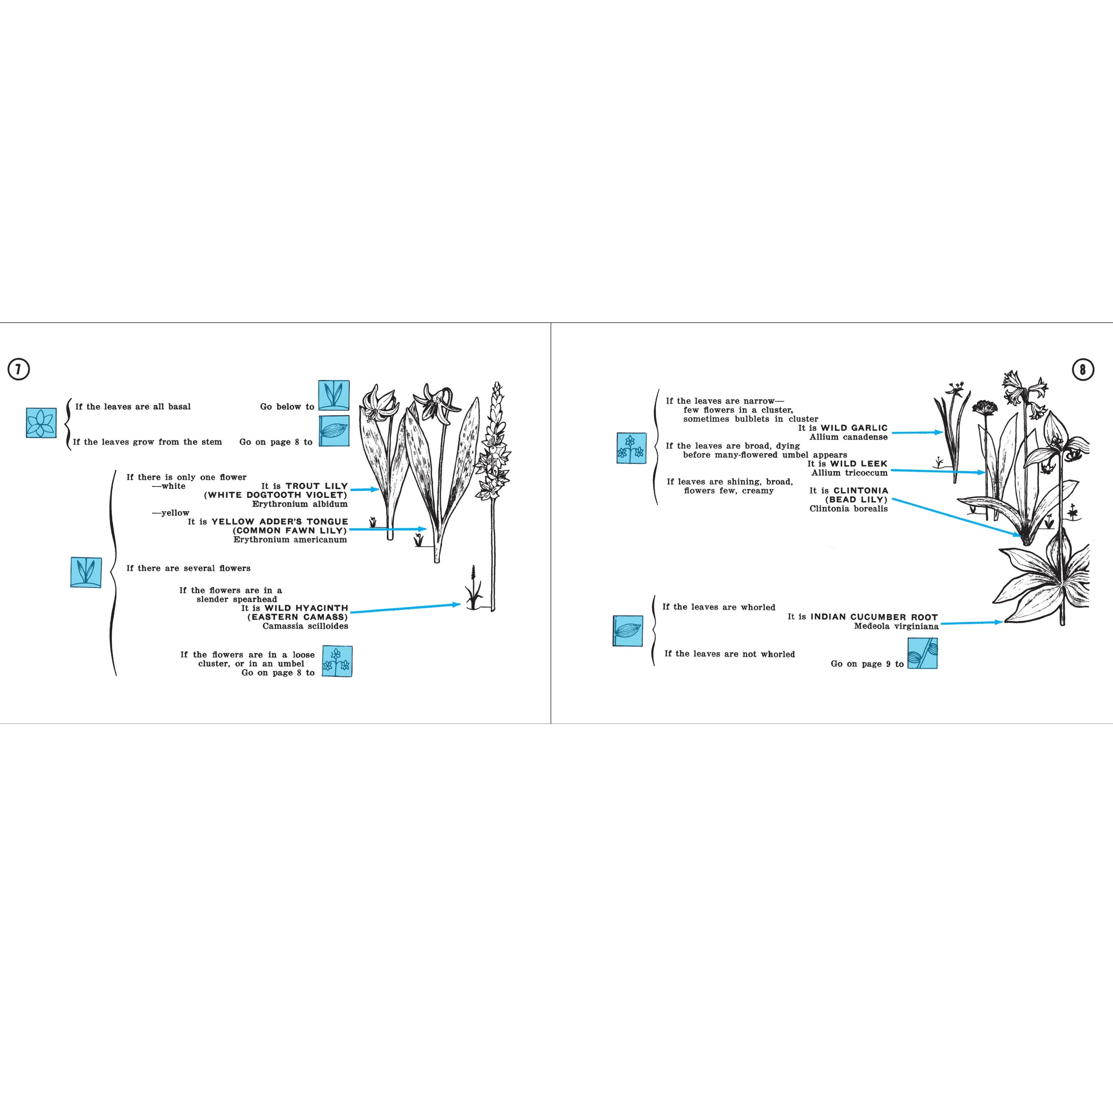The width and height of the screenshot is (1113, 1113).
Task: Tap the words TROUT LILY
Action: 317,486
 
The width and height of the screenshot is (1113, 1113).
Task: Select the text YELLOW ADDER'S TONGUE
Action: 280,522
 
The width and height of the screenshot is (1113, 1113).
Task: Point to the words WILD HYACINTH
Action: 306,608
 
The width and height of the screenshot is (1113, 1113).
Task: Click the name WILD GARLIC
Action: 854,428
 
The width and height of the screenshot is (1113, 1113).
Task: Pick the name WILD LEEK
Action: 859,464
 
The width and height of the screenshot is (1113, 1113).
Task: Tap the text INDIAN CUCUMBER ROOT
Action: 874,617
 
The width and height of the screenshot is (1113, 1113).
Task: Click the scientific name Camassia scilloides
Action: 305,626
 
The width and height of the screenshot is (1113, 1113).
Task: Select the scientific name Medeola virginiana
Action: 896,626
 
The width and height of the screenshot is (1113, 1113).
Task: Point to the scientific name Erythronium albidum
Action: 300,504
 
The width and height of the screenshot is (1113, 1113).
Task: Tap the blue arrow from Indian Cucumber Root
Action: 972,623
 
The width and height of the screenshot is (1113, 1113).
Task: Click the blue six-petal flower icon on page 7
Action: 41,423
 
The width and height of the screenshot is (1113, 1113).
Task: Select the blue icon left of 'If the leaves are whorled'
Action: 627,631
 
